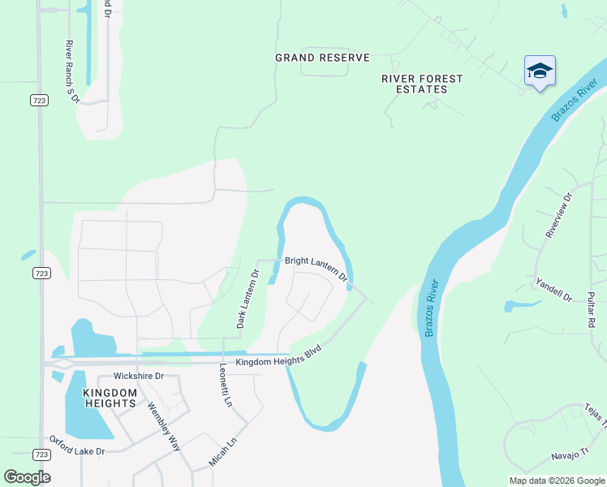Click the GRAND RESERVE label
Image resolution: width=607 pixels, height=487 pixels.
[322, 58]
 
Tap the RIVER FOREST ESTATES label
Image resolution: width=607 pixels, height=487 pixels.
[422, 84]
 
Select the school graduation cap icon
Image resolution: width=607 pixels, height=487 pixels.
[540, 72]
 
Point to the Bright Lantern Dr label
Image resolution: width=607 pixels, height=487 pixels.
[316, 269]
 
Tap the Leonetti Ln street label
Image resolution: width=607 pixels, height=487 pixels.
[226, 385]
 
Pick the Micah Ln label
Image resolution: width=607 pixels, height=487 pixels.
[222, 449]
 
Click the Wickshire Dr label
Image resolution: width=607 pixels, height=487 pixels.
[139, 377]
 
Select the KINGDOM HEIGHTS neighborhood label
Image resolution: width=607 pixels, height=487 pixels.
[110, 398]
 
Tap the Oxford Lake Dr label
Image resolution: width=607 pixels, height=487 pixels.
[78, 446]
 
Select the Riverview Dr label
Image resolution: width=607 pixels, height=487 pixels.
[559, 215]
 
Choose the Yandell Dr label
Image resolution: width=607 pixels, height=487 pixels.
[554, 288]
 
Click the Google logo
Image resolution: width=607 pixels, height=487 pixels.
[27, 477]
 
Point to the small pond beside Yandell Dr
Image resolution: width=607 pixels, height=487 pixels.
[520, 306]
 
